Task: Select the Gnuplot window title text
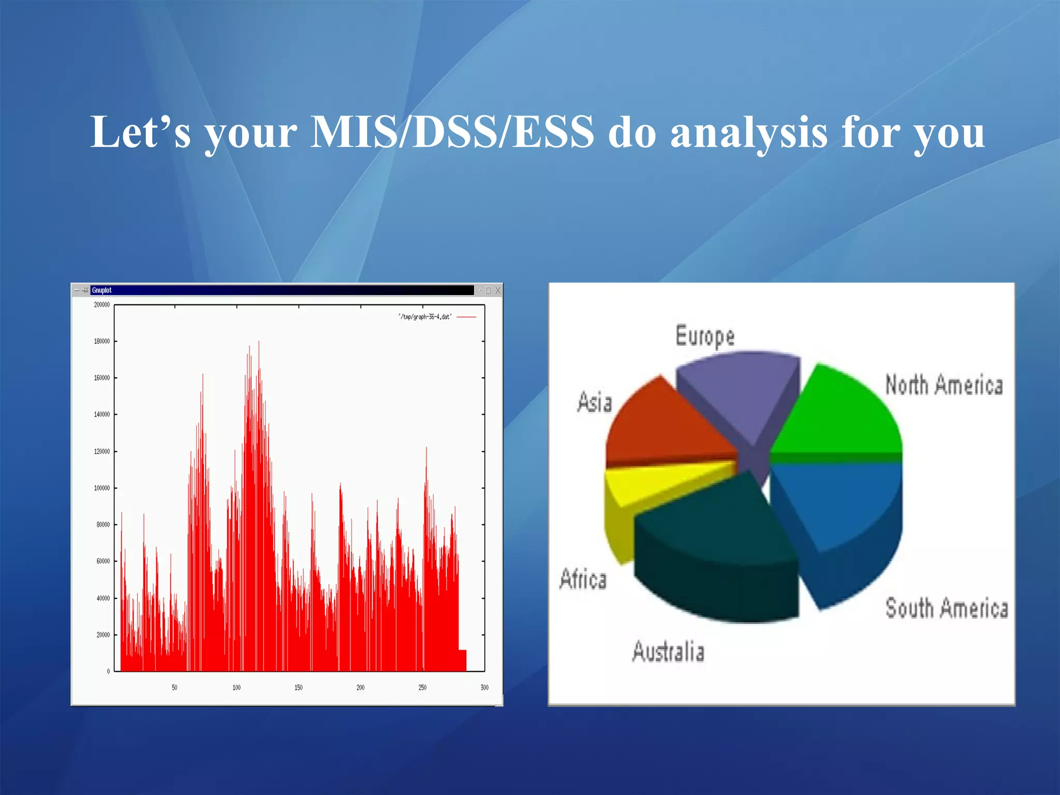click(x=101, y=290)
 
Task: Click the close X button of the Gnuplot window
click(x=498, y=290)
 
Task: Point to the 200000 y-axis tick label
click(x=101, y=305)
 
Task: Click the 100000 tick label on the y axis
click(x=101, y=488)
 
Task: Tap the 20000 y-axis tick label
click(x=102, y=635)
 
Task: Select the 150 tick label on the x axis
click(x=298, y=688)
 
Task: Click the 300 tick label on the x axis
click(x=484, y=688)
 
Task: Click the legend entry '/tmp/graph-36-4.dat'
click(x=425, y=317)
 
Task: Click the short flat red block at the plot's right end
click(x=462, y=660)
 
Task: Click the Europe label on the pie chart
click(x=705, y=336)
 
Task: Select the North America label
click(x=944, y=385)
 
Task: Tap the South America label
click(x=946, y=608)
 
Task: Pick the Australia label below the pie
click(x=668, y=652)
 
